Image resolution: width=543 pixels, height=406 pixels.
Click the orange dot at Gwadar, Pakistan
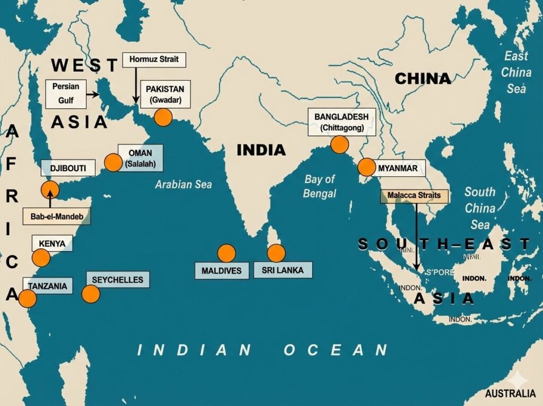(163, 117)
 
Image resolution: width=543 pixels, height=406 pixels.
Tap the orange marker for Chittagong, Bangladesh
(339, 144)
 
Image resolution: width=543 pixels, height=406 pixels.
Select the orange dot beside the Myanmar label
(366, 167)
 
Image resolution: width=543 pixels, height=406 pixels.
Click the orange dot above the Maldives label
(226, 253)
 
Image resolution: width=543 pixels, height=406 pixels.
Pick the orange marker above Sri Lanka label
(276, 253)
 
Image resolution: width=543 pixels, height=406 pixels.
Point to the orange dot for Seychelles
(91, 293)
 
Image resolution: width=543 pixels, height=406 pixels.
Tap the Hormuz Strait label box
(154, 59)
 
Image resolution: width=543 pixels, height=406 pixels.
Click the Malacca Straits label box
(414, 195)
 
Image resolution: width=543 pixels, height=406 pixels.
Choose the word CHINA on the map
(423, 79)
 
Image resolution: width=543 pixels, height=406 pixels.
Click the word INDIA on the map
(261, 150)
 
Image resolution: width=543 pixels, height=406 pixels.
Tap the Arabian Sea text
(183, 185)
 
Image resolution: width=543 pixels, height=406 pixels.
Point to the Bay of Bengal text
(320, 186)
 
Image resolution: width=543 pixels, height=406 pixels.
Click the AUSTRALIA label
(510, 394)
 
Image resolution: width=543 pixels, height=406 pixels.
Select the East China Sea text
(516, 72)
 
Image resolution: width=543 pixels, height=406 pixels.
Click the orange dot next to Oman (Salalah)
(113, 162)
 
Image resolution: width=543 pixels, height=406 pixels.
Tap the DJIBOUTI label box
(68, 168)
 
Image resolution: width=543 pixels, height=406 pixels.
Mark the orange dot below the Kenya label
(41, 258)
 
